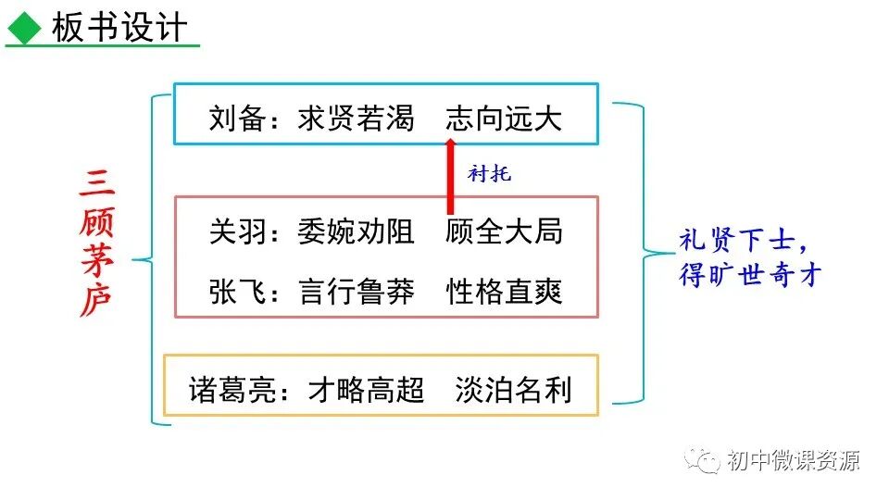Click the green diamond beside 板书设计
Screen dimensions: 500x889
click(25, 30)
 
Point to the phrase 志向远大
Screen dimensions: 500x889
click(503, 119)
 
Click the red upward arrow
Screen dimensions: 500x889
click(450, 176)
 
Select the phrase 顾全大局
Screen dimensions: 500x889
click(503, 231)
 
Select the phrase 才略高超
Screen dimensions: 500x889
click(366, 389)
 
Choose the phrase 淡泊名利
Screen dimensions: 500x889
click(513, 389)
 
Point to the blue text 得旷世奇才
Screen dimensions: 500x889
click(750, 275)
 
